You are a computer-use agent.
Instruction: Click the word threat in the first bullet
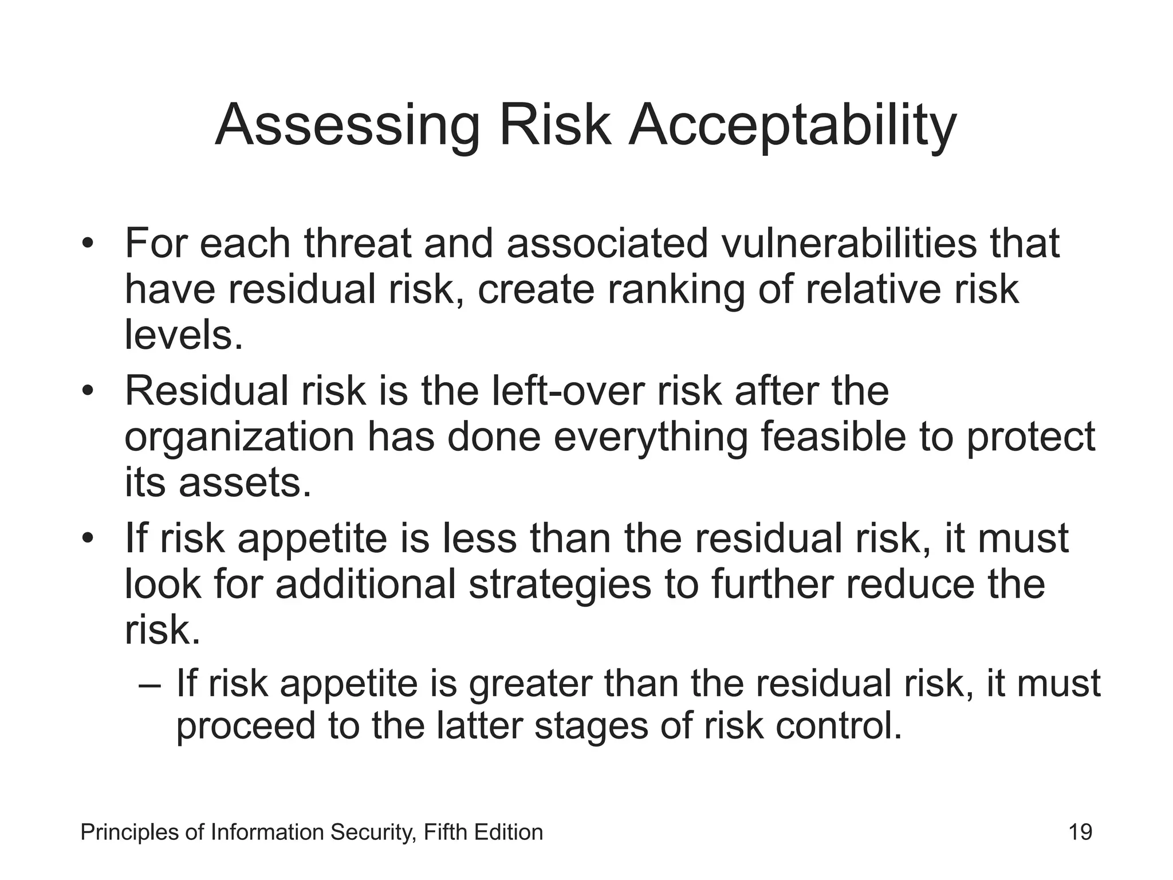(357, 243)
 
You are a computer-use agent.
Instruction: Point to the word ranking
(676, 289)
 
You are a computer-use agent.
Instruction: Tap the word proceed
(245, 726)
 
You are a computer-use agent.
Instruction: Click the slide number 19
(1080, 832)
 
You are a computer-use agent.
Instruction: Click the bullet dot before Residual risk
(87, 392)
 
